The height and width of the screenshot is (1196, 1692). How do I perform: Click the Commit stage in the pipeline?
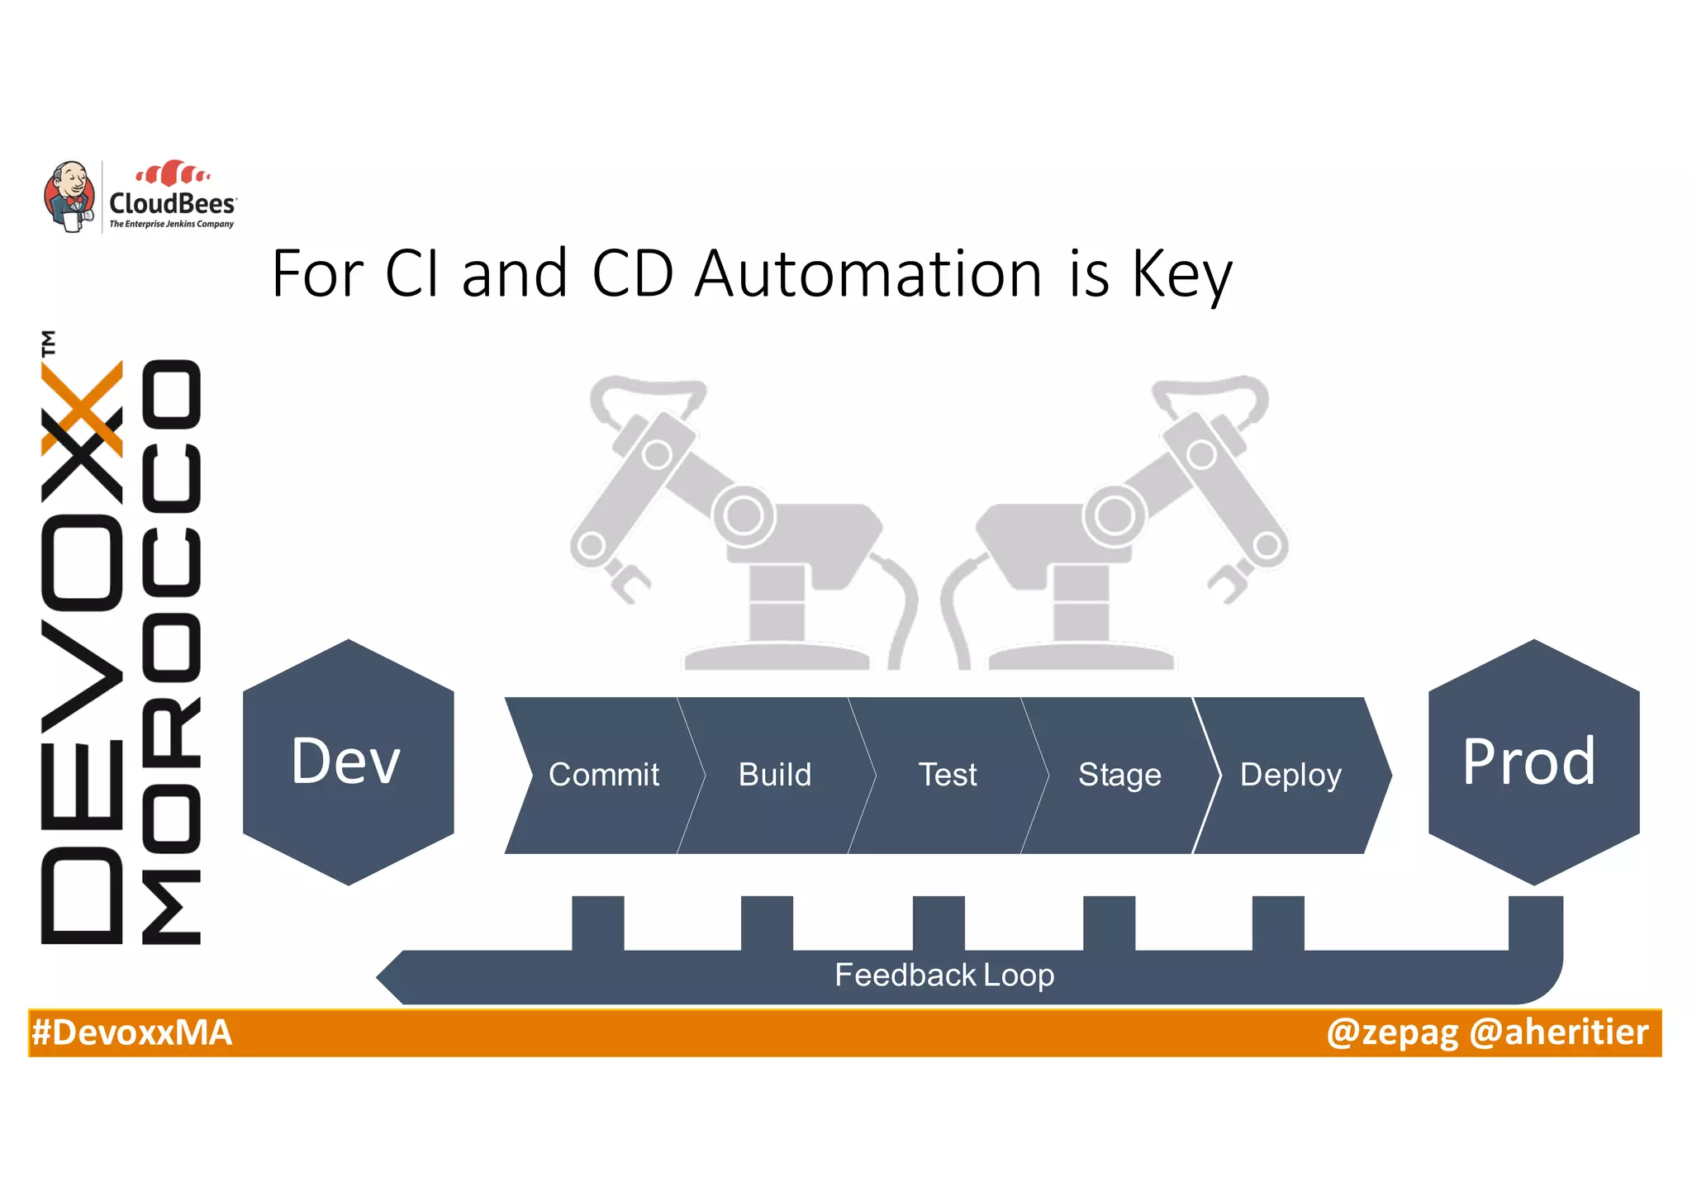coord(603,775)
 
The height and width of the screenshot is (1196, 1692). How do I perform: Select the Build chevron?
coord(774,775)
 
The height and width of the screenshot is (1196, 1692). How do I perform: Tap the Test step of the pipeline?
coord(947,775)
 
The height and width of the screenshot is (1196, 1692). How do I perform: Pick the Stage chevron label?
coord(1119,775)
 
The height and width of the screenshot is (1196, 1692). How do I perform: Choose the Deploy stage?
coord(1290,775)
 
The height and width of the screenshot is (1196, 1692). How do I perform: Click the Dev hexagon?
coord(348,762)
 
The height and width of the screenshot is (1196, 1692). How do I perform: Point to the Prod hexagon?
coord(1533,762)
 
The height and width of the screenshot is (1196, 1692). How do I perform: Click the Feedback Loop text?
coord(943,975)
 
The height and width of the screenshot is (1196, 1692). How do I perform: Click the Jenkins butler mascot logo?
coord(69,196)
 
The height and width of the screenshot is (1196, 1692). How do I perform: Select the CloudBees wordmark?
coord(172,203)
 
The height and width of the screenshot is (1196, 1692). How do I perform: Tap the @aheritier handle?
coord(1559,1032)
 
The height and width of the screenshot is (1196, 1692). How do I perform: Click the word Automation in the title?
coord(867,274)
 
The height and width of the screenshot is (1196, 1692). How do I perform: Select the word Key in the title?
coord(1181,276)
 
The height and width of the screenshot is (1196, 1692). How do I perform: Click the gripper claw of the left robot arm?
coord(628,581)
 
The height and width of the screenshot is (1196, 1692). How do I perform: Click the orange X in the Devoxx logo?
coord(83,410)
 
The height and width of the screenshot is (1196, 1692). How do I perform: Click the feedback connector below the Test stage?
coord(939,923)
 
